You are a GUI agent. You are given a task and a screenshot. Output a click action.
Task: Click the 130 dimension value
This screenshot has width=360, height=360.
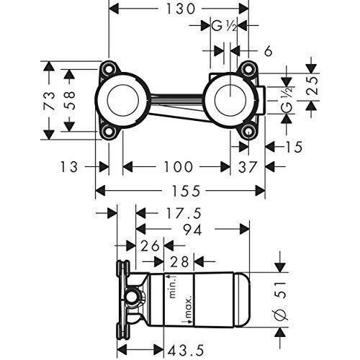[178, 10]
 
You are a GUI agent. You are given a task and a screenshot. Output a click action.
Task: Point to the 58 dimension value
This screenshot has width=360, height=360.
[71, 100]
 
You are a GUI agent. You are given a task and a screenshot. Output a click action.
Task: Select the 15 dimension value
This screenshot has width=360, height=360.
[292, 147]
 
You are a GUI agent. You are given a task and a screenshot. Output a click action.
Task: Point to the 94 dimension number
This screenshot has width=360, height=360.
[190, 230]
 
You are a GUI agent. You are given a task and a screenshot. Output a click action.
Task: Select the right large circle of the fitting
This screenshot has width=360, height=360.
[227, 100]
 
